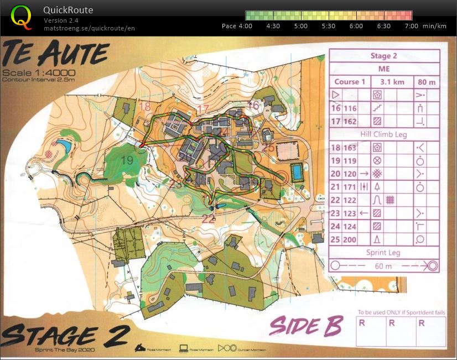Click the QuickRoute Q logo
click(22, 17)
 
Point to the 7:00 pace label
click(411, 26)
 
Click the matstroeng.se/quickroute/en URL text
click(89, 28)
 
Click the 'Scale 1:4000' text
click(39, 73)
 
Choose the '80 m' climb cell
click(427, 82)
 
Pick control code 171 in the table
click(350, 187)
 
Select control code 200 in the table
click(350, 240)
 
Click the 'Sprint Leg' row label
click(385, 253)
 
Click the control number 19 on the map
click(127, 160)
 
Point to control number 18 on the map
click(146, 106)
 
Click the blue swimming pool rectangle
click(297, 173)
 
